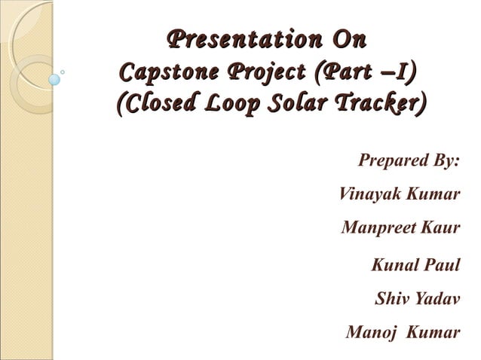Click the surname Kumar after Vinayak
[x=432, y=194]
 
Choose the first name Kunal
[x=397, y=265]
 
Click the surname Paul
[x=443, y=265]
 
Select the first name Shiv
[x=392, y=299]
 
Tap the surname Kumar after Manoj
[x=432, y=332]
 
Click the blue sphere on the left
[x=54, y=78]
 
